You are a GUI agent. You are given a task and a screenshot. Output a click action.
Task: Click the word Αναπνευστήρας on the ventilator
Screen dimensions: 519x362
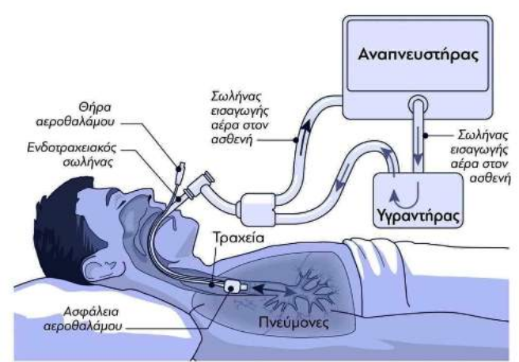point(419,55)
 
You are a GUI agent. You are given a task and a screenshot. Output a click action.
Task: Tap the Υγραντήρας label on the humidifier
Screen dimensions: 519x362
point(419,216)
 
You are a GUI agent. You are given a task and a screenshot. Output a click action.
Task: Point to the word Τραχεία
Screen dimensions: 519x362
point(238,238)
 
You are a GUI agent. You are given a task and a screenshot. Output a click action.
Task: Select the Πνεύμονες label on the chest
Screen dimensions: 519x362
point(294,322)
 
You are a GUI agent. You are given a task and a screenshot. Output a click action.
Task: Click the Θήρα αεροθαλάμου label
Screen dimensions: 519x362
point(75,114)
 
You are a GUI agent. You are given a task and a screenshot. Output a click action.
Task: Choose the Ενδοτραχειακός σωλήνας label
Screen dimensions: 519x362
point(72,154)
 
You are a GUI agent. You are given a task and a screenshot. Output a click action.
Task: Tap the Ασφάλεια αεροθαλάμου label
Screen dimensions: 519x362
point(83,319)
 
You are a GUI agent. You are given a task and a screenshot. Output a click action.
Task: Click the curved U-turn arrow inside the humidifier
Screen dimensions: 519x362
point(405,194)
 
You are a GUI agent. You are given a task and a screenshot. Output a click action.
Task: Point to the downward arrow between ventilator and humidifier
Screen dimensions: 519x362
point(418,146)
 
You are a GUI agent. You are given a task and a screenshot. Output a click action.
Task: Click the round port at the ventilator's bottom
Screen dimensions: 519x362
point(418,105)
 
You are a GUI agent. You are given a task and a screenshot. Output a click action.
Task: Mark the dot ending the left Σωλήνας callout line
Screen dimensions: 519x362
point(296,140)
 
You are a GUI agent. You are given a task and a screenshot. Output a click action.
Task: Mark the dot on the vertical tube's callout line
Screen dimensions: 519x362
point(426,135)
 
